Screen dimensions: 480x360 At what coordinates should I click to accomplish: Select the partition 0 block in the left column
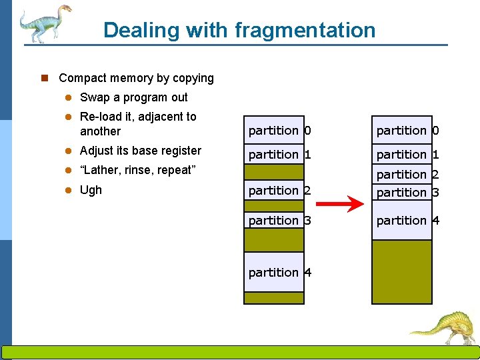[x=274, y=131]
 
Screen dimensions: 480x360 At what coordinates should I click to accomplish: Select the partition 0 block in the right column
[x=402, y=131]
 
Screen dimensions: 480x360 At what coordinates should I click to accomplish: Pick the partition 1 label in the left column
[x=274, y=154]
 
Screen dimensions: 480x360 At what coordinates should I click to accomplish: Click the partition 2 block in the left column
[x=274, y=191]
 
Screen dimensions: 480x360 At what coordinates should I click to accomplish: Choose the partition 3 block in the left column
[x=274, y=220]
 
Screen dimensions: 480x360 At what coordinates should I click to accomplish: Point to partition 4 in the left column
[x=274, y=272]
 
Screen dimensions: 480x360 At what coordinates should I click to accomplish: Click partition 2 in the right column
[x=402, y=174]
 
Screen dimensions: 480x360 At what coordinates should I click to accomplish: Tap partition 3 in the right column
[x=402, y=193]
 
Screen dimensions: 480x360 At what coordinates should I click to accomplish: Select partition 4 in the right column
[x=402, y=220]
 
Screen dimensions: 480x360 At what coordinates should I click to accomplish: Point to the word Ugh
[x=91, y=190]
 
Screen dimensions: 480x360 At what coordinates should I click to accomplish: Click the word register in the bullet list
[x=179, y=151]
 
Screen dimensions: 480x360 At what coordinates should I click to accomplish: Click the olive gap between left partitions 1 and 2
[x=274, y=172]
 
